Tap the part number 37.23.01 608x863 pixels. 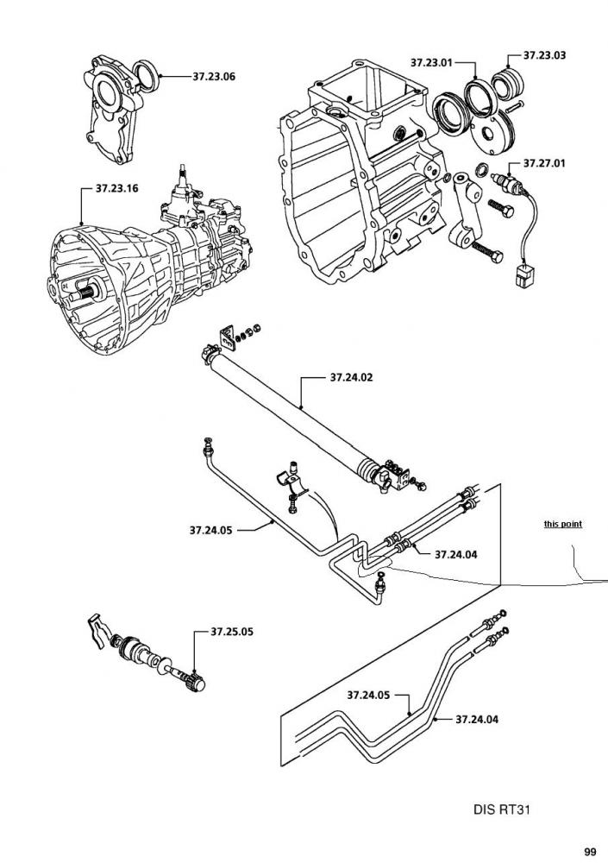click(431, 62)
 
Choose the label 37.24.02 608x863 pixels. click(351, 377)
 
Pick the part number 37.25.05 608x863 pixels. click(232, 632)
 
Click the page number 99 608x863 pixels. click(589, 850)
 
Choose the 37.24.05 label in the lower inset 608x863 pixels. click(369, 695)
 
